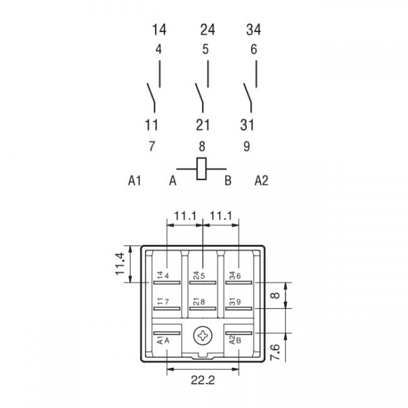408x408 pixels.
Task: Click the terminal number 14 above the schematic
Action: click(x=159, y=30)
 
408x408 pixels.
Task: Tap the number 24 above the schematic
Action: click(x=207, y=30)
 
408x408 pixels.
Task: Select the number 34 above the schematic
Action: click(x=254, y=30)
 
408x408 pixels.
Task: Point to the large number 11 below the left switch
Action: click(x=152, y=125)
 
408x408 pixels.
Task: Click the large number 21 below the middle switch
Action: click(x=203, y=125)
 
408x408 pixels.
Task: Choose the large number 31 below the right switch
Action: click(x=247, y=125)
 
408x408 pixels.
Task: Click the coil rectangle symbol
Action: click(x=201, y=169)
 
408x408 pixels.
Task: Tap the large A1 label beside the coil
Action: click(x=135, y=180)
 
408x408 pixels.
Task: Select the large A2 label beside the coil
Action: click(x=261, y=180)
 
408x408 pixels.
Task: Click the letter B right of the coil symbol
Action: click(x=228, y=180)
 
